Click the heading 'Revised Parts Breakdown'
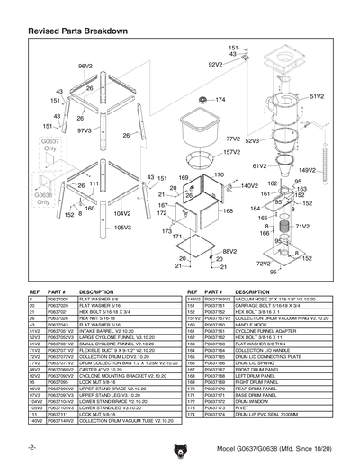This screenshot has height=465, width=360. click(x=77, y=31)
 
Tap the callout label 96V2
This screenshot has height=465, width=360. click(x=85, y=67)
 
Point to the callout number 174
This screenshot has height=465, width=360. click(x=220, y=100)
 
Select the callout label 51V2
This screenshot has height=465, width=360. click(x=316, y=94)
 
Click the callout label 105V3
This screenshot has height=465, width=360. click(x=122, y=228)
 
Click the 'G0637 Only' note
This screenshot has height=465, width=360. click(x=49, y=146)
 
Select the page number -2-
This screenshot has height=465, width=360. click(x=32, y=447)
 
